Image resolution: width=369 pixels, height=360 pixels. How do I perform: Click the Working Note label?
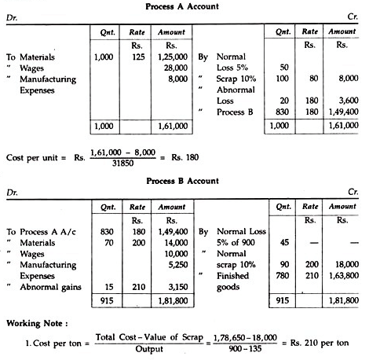pos(37,323)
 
